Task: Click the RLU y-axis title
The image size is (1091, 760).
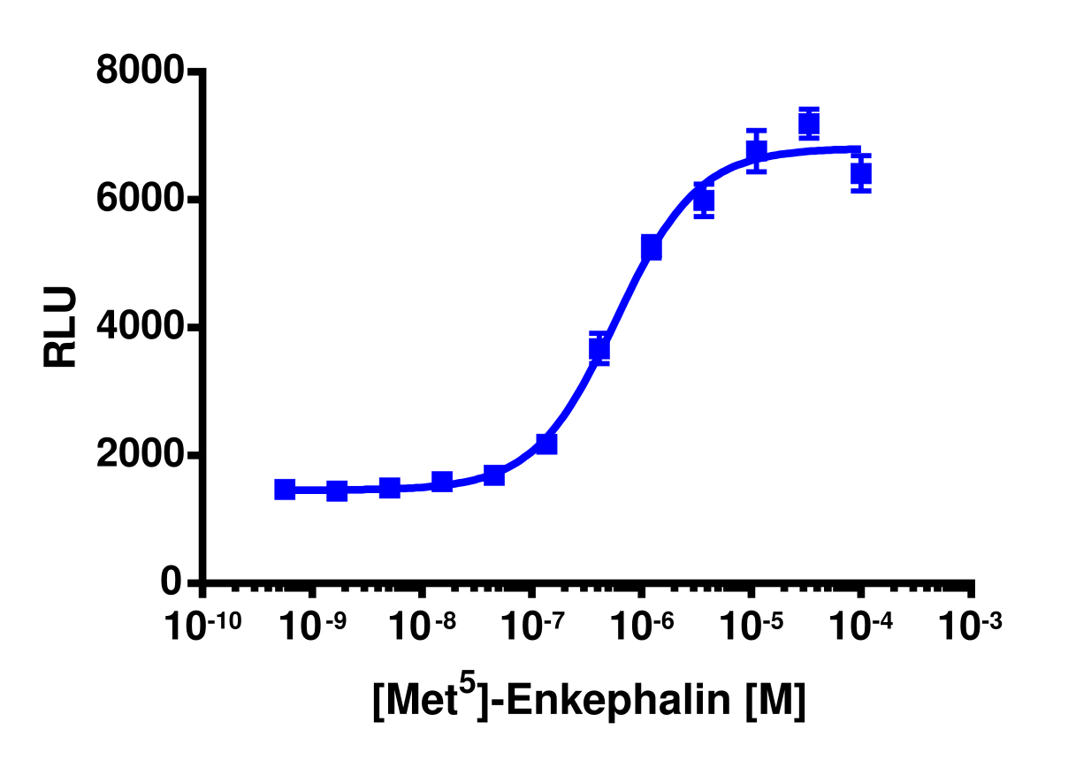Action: click(62, 328)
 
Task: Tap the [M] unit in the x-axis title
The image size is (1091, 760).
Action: click(775, 703)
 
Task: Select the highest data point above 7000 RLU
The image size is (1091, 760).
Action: click(808, 124)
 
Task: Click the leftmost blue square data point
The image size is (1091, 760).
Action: click(285, 490)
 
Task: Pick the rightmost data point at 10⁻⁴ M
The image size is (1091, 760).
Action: click(861, 173)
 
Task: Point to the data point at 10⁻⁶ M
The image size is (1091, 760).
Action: click(652, 248)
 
